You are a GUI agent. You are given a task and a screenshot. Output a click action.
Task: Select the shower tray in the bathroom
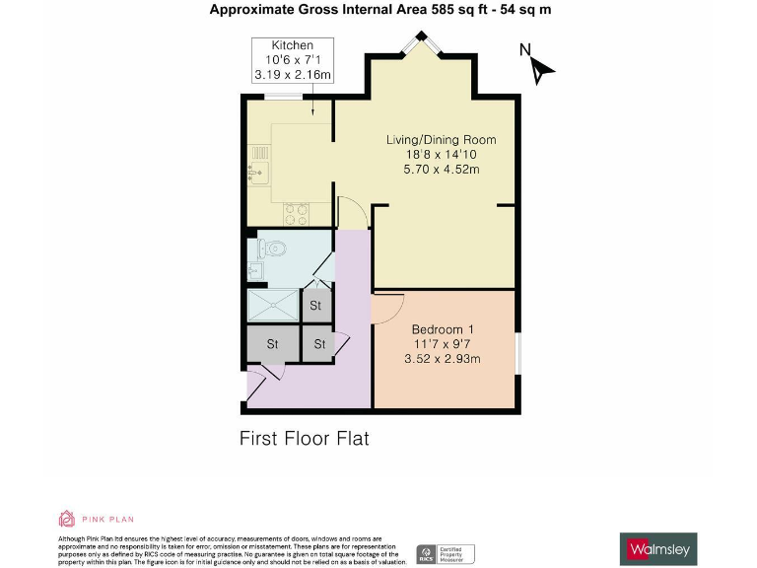(x=272, y=306)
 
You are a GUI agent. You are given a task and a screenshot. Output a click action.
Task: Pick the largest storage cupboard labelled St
(x=270, y=344)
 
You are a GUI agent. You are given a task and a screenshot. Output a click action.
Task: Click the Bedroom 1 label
(x=444, y=329)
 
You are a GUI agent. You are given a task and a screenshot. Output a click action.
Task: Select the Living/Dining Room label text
(x=441, y=140)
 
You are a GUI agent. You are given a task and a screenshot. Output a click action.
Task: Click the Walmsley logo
(x=660, y=547)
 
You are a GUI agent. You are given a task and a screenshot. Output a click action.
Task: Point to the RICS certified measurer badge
(x=446, y=553)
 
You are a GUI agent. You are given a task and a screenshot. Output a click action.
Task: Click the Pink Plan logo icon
(x=67, y=519)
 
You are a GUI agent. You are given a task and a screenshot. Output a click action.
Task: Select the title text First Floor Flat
(x=304, y=437)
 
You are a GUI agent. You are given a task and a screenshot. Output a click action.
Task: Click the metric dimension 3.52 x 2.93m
(x=444, y=359)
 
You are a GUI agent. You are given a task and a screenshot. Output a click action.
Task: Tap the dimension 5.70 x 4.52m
(x=441, y=169)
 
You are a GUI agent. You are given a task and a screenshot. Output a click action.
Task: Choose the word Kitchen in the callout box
(x=293, y=45)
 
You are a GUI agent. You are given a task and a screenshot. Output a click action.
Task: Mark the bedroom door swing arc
(x=386, y=308)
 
